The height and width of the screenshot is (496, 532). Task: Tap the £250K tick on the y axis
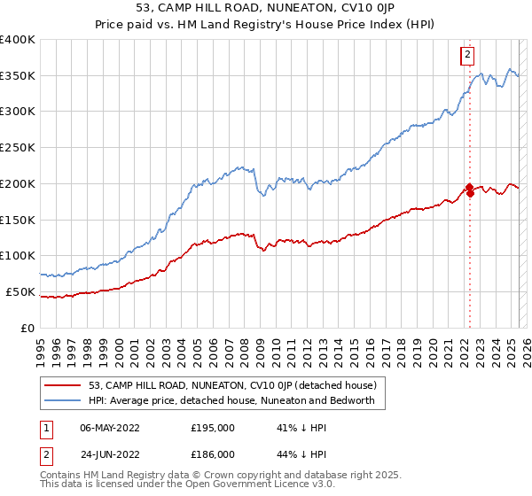[x=18, y=147]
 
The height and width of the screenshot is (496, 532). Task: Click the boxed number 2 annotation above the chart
[x=467, y=56]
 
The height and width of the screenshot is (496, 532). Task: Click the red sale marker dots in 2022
[x=469, y=190]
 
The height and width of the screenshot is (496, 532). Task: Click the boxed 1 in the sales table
[x=47, y=427]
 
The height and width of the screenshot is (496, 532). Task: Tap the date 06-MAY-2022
[x=112, y=427]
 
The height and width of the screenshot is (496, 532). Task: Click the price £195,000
[x=213, y=427]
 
